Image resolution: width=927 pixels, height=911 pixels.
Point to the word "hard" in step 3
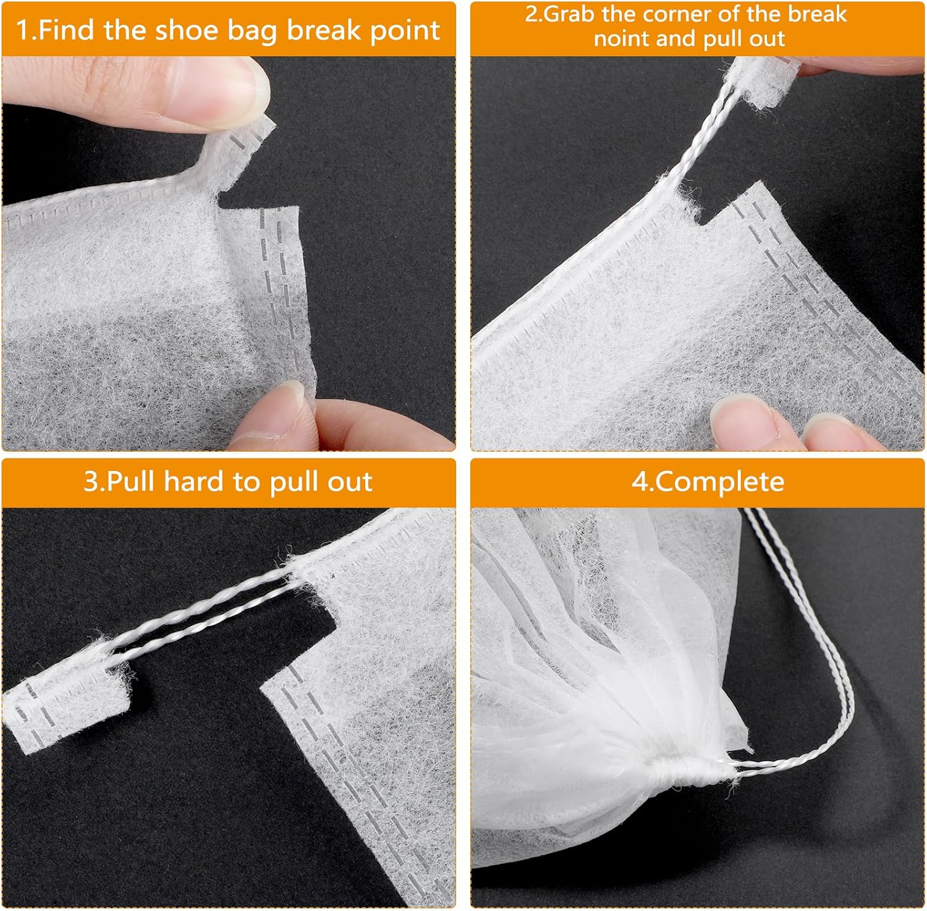point(190,481)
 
